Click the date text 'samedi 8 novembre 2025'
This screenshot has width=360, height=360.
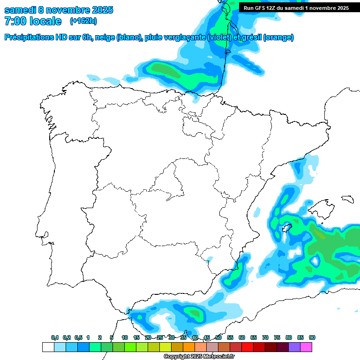[59, 10]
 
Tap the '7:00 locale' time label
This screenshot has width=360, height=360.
[33, 21]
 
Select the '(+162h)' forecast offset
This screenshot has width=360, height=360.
[83, 21]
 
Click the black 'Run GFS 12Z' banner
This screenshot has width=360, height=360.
[296, 7]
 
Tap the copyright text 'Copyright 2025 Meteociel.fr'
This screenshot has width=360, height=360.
[199, 357]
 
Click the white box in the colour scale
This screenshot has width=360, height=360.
[48, 347]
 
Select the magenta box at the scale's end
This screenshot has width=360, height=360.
[306, 347]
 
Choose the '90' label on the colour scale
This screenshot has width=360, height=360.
[312, 337]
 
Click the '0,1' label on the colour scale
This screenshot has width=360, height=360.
[54, 337]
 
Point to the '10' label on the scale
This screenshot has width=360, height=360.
[125, 337]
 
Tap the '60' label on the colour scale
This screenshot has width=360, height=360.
[242, 337]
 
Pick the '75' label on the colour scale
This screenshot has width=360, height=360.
[277, 337]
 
